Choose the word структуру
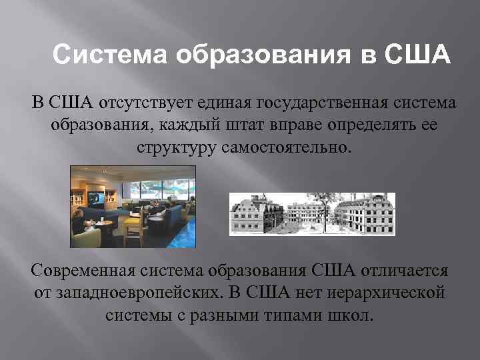coord(175,147)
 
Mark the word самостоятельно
coord(283,147)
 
